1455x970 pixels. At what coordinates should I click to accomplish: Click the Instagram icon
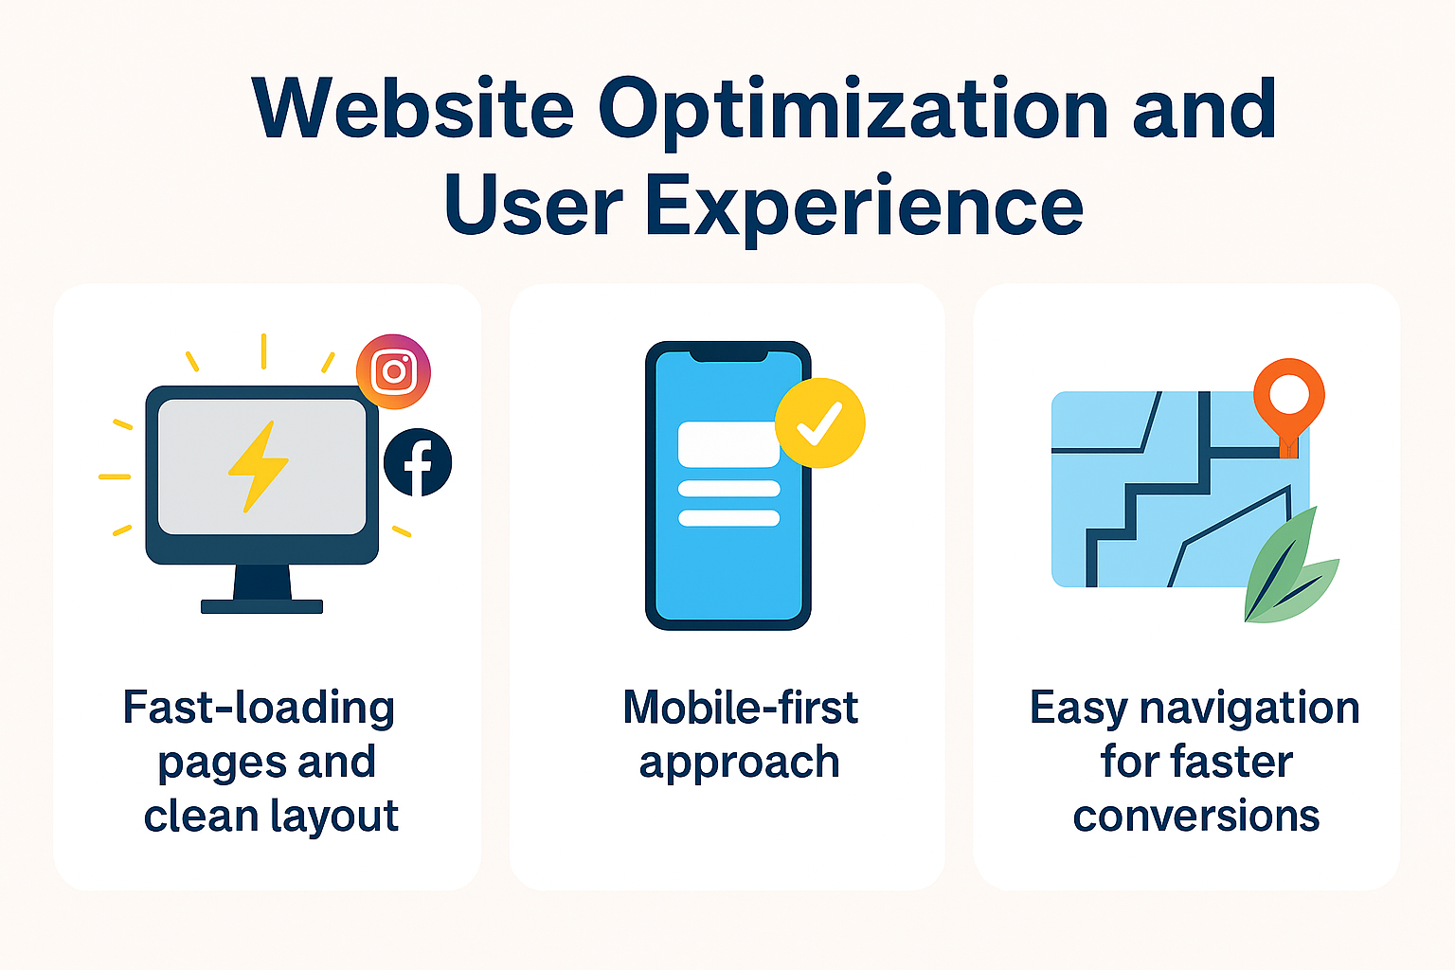tap(394, 371)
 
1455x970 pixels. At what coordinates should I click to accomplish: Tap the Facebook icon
tap(418, 462)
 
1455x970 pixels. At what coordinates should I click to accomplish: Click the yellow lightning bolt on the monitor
tap(259, 466)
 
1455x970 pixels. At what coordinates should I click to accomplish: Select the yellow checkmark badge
tap(820, 422)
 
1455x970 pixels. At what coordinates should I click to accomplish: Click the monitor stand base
tap(261, 606)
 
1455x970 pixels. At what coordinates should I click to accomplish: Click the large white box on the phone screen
tap(728, 444)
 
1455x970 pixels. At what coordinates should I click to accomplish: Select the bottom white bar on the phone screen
tap(728, 518)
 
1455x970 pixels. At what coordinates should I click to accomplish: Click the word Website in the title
tap(413, 109)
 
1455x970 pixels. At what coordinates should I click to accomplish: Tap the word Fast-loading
tap(259, 710)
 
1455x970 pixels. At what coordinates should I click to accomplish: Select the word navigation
tap(1249, 710)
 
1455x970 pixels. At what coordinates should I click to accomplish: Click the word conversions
tap(1195, 817)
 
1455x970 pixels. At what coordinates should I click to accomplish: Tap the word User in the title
tap(534, 207)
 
